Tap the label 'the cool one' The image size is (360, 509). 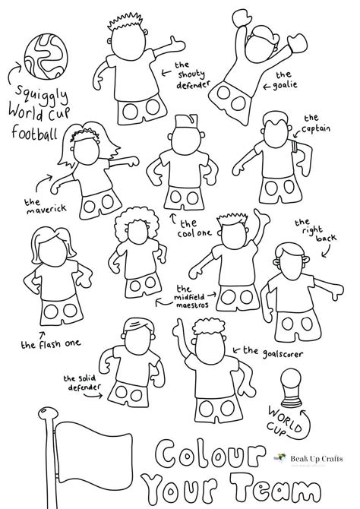point(196,227)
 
